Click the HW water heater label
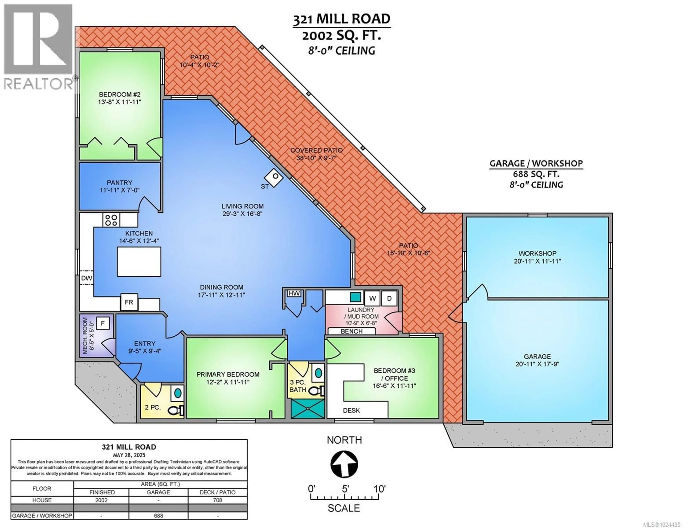pyautogui.click(x=294, y=293)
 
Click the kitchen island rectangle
pyautogui.click(x=139, y=262)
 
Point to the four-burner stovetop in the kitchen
pyautogui.click(x=111, y=220)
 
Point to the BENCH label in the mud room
pyautogui.click(x=351, y=331)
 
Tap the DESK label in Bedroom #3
pyautogui.click(x=351, y=410)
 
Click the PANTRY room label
pyautogui.click(x=120, y=182)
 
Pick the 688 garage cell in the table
pyautogui.click(x=158, y=516)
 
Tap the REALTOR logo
pyautogui.click(x=38, y=47)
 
